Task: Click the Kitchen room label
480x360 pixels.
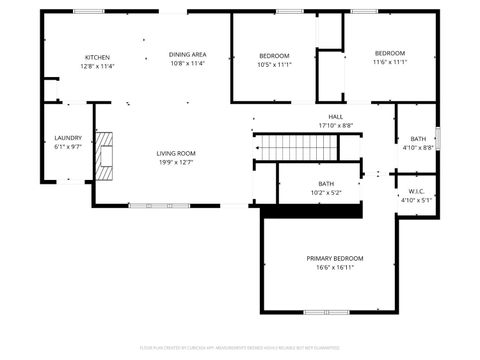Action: (97, 57)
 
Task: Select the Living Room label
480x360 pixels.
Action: (174, 153)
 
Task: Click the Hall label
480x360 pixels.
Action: (335, 117)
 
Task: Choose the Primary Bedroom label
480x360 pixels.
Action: (330, 258)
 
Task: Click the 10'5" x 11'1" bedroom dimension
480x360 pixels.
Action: (274, 64)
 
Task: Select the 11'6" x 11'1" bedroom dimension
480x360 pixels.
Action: (390, 62)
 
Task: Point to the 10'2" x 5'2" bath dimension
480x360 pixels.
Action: (326, 192)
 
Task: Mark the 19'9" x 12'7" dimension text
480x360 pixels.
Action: (174, 162)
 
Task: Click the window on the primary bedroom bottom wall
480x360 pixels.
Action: (329, 312)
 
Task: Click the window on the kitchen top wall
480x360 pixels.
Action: (88, 11)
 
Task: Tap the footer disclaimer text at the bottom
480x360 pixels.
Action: (239, 349)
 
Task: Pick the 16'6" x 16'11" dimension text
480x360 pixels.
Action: (330, 267)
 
